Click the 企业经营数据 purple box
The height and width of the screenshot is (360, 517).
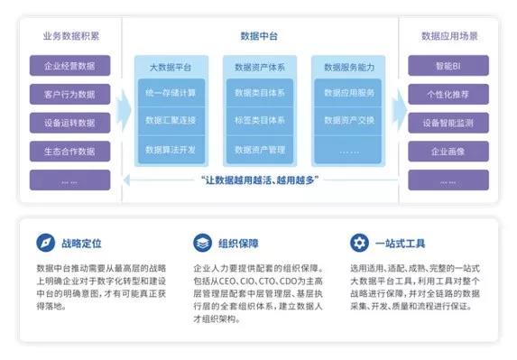[x=69, y=66]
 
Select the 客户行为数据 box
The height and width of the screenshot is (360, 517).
[x=69, y=94]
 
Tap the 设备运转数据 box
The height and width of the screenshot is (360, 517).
[x=69, y=123]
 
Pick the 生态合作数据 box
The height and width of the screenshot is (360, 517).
[x=69, y=151]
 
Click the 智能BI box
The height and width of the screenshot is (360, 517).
[x=448, y=66]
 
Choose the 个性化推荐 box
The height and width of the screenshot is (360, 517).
[x=448, y=94]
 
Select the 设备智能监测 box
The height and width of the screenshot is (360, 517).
[x=448, y=123]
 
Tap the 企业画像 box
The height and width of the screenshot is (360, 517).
[x=448, y=151]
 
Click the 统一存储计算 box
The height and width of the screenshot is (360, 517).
[x=171, y=93]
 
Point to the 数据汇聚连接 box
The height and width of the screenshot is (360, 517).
[x=171, y=121]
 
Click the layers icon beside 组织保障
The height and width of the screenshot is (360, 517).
[x=200, y=243]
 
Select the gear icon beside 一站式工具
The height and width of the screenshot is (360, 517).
[x=358, y=243]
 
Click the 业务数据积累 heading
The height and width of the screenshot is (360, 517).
[x=69, y=36]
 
